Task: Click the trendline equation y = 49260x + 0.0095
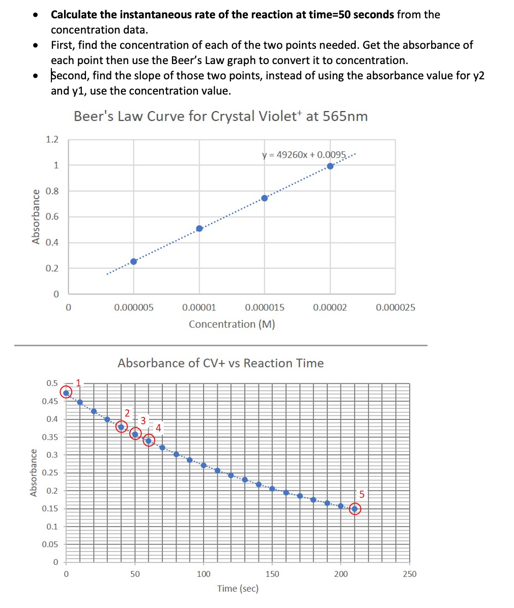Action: [304, 155]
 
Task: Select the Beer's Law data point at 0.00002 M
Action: [330, 166]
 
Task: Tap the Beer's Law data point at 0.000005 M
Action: [134, 261]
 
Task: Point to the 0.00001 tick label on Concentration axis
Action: [199, 308]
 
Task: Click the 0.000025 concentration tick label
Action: [395, 308]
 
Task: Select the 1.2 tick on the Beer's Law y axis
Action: [52, 139]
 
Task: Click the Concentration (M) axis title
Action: [232, 324]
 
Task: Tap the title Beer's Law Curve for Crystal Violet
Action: [220, 116]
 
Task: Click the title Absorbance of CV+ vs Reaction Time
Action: [220, 363]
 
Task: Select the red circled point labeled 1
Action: [66, 392]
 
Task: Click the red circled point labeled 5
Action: [355, 508]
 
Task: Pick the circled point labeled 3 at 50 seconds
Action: [135, 434]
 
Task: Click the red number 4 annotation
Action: [158, 428]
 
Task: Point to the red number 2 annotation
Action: [127, 412]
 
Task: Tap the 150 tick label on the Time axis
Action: [272, 574]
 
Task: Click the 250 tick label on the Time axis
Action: [409, 574]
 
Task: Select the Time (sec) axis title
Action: [238, 589]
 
